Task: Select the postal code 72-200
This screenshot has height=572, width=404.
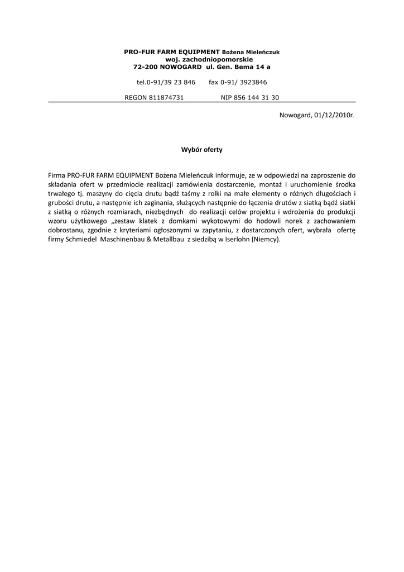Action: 146,67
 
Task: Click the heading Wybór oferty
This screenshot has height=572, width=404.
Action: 202,150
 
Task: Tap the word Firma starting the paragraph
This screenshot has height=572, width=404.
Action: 57,175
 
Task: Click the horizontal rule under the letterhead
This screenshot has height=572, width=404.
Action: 202,102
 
